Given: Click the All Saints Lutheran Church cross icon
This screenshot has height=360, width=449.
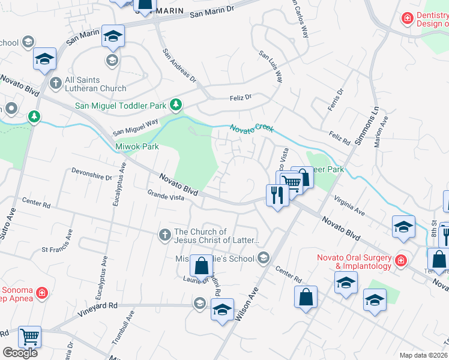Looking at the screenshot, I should [x=56, y=82].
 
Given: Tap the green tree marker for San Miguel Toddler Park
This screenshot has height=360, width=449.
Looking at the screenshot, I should [x=175, y=106].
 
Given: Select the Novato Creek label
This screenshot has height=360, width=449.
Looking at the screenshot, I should [x=252, y=128].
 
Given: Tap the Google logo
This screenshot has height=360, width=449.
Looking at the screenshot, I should [x=20, y=353].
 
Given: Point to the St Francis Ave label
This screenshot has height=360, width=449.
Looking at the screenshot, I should [x=61, y=249].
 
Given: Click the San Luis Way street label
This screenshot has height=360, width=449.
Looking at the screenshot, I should [x=271, y=66].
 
